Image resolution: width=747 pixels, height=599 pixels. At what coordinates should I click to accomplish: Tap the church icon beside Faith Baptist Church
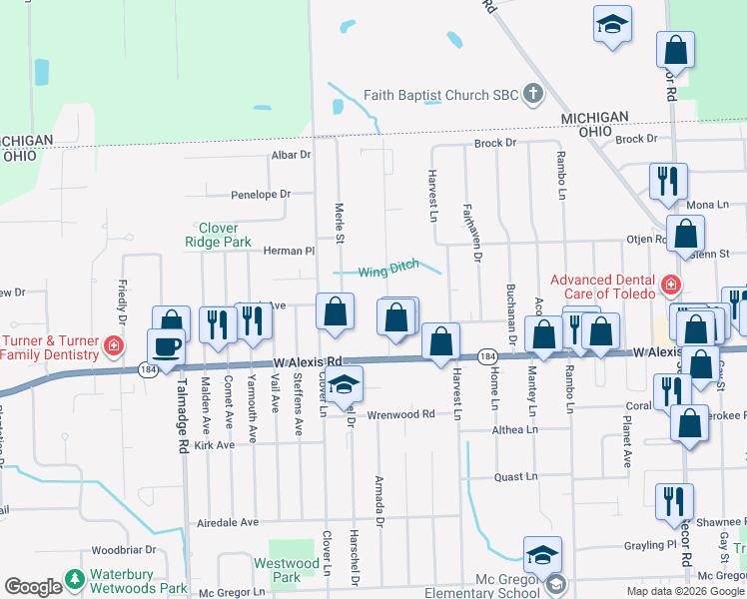pyautogui.click(x=533, y=96)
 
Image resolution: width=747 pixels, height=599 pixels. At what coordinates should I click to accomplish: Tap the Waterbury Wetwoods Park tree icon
pyautogui.click(x=74, y=578)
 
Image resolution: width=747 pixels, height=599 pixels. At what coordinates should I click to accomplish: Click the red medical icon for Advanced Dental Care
pyautogui.click(x=668, y=286)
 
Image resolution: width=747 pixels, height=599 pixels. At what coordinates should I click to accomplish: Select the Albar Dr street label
pyautogui.click(x=292, y=155)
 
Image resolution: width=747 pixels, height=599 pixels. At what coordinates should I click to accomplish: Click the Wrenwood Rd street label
pyautogui.click(x=401, y=414)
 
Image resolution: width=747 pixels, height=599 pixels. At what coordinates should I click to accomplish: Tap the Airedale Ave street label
pyautogui.click(x=228, y=522)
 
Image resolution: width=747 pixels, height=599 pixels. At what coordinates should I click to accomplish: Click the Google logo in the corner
pyautogui.click(x=33, y=587)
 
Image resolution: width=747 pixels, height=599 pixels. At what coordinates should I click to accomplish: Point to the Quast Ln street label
pyautogui.click(x=517, y=477)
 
